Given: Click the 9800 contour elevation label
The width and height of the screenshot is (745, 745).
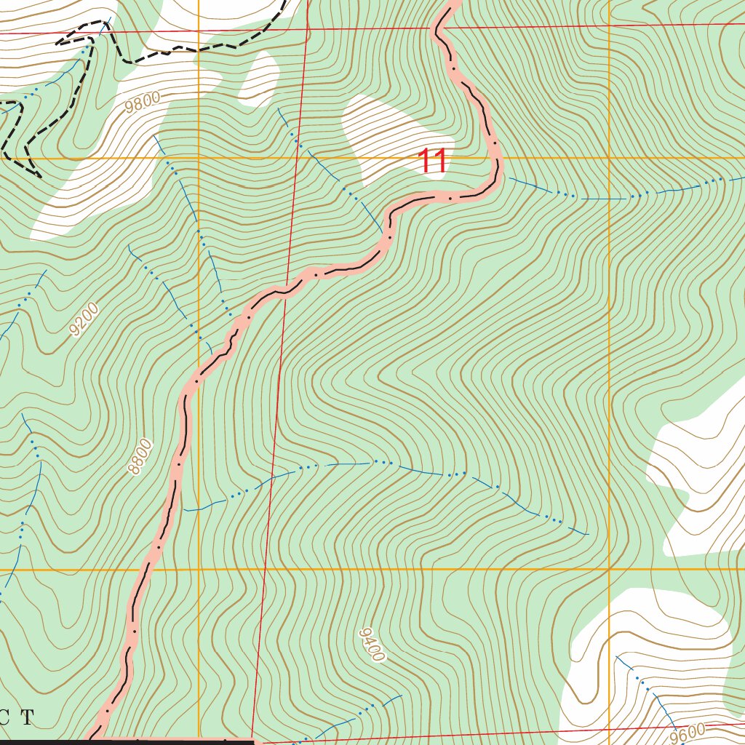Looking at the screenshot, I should pos(142,103).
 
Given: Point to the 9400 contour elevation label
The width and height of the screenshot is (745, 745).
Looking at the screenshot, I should pos(371,645).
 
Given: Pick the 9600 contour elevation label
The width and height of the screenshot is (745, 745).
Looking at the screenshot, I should pos(690,733).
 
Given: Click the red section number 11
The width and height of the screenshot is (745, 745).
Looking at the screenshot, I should pos(432,161).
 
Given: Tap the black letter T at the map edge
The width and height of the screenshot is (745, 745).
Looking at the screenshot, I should pos(27,718).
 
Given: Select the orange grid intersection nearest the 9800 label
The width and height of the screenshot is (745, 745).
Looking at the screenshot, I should pos(199,157).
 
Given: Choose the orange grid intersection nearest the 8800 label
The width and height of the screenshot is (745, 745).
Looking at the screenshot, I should pos(199,569).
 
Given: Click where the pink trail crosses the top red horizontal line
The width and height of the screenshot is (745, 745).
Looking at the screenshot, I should pos(440,29).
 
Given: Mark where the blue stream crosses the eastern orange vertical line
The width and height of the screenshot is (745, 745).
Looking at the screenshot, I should pos(609,199).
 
